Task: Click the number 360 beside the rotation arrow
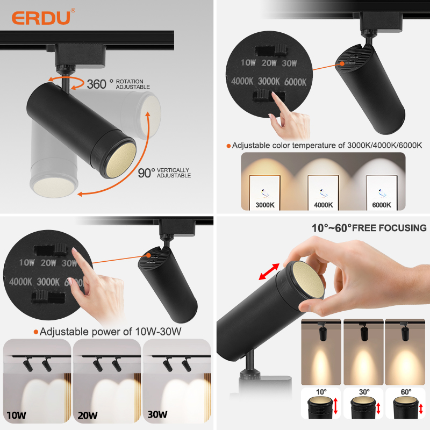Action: [97, 84]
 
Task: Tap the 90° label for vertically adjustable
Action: [146, 173]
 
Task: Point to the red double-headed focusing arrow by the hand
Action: [269, 271]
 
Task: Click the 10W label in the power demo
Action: [16, 415]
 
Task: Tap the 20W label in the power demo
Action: [88, 415]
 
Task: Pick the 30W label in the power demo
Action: [157, 414]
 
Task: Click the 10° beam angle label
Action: [321, 392]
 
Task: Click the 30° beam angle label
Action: [364, 392]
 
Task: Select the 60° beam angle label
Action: [406, 392]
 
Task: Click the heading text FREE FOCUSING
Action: [389, 228]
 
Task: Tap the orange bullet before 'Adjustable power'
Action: [35, 332]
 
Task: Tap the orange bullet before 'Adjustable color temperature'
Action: [228, 146]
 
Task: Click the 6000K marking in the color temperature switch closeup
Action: [295, 82]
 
